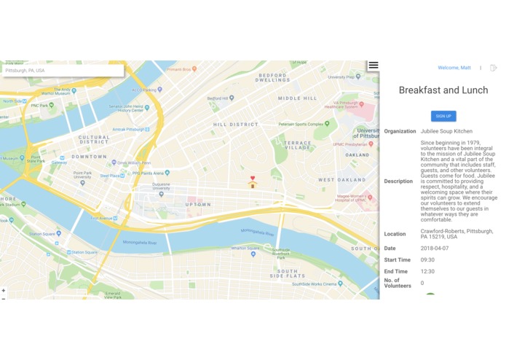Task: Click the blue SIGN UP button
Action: [x=443, y=116]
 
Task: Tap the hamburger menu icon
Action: [x=373, y=65]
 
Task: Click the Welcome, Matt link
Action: [x=454, y=68]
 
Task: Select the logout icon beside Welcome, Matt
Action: [x=493, y=68]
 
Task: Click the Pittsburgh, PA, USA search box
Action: [x=62, y=71]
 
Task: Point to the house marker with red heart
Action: [x=253, y=182]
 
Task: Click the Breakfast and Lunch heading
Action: [x=443, y=90]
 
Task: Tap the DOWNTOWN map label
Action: [x=89, y=157]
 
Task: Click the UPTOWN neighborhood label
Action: [x=198, y=205]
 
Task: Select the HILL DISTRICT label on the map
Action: [x=236, y=125]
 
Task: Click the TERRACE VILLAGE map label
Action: [x=298, y=145]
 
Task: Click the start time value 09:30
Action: [x=427, y=260]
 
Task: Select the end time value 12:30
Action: [x=427, y=272]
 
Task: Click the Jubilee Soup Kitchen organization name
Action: [x=446, y=131]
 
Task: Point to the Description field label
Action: [x=398, y=181]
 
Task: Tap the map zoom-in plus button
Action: [x=3, y=290]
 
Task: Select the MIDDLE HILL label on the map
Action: [x=297, y=98]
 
